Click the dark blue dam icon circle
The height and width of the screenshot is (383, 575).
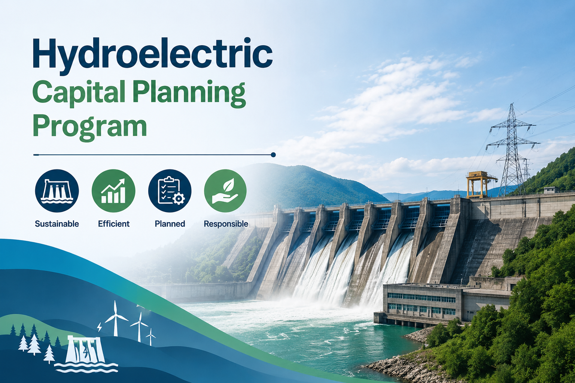tap(57, 191)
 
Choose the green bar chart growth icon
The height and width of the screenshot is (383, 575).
tap(113, 191)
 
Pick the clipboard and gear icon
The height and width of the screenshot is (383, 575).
tap(170, 191)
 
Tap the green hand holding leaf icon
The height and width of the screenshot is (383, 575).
tap(225, 191)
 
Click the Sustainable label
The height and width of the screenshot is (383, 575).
tap(57, 224)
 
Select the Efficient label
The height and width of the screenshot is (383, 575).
tap(114, 224)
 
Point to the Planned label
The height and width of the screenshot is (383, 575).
tap(170, 224)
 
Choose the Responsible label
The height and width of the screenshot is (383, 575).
tap(226, 224)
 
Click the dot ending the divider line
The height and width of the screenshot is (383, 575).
tap(273, 155)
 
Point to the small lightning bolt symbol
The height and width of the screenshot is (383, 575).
tap(99, 327)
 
